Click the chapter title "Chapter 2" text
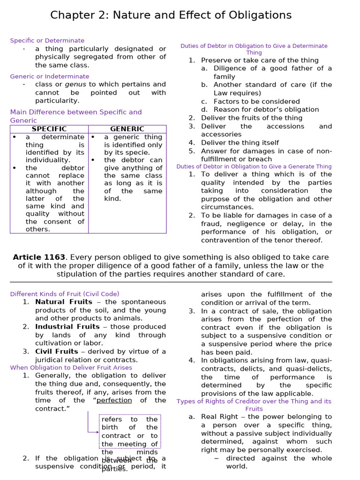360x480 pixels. [x=76, y=15]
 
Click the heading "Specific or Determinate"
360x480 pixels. [x=47, y=41]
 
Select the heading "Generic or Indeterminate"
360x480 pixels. [x=50, y=76]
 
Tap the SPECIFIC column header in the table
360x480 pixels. [x=49, y=129]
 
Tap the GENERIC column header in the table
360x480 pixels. [x=127, y=129]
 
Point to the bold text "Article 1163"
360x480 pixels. [x=39, y=257]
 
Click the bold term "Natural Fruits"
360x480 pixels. [x=64, y=302]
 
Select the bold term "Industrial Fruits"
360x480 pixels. [x=67, y=327]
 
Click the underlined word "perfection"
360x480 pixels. [x=114, y=400]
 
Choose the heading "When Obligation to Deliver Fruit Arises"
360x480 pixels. [x=71, y=367]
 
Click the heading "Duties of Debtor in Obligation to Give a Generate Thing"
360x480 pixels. [x=254, y=166]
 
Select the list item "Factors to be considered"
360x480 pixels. [x=257, y=101]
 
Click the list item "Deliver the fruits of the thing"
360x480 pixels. [x=252, y=118]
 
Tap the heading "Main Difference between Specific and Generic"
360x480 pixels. [x=76, y=116]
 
